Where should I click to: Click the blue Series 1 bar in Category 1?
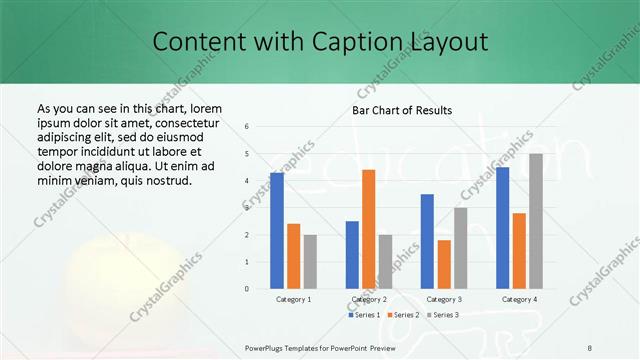coord(277,230)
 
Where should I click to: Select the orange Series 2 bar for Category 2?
coord(368,229)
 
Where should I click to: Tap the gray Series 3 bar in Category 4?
coord(536,221)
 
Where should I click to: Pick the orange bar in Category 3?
coord(444,264)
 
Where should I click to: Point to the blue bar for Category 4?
coord(502,227)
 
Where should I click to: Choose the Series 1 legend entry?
coord(364,315)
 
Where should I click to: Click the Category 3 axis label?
coord(444,299)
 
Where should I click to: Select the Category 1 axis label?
coord(293,299)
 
